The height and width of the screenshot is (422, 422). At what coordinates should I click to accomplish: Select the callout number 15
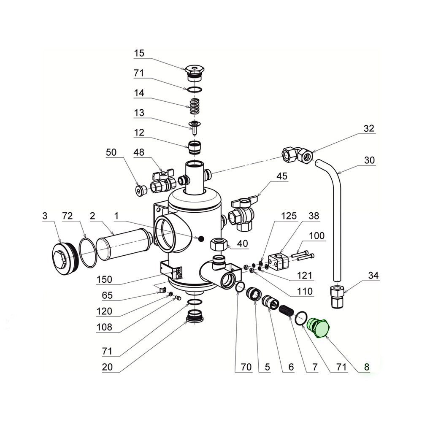point(139,53)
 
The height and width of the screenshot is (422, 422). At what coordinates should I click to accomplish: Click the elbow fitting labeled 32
point(298,154)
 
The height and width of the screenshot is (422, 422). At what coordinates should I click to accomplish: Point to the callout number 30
point(369,160)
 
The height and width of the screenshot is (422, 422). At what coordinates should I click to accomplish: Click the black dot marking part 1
point(202,239)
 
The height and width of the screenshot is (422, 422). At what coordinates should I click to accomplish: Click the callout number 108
point(105,327)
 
